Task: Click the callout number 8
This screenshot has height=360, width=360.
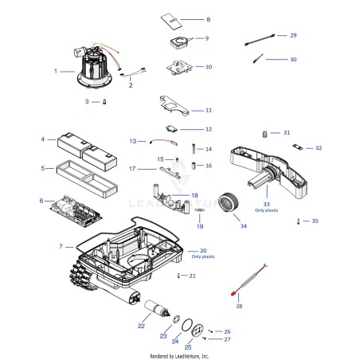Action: point(209,19)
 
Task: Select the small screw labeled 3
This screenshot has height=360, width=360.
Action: point(104,102)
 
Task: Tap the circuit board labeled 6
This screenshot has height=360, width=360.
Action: point(76,211)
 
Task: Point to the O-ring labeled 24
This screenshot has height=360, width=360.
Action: point(187,325)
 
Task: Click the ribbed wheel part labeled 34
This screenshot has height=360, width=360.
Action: point(229,202)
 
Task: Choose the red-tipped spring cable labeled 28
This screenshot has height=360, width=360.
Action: point(248,280)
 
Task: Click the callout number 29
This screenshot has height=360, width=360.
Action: point(293,35)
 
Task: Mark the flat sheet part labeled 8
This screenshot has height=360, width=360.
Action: point(171,21)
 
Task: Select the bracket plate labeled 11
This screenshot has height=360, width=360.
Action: point(174,106)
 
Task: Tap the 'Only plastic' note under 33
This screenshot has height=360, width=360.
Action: point(267,210)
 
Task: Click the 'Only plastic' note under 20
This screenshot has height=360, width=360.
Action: point(203,256)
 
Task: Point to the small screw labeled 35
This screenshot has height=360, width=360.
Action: point(299,221)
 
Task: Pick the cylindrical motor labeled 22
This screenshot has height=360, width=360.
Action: point(157,308)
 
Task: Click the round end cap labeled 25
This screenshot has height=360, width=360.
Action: point(198,331)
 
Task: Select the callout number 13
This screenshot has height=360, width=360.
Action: point(133,141)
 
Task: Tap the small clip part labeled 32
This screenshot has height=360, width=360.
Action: point(298,147)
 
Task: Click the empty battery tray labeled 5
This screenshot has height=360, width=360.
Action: point(87,178)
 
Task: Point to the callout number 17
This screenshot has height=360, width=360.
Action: point(132,169)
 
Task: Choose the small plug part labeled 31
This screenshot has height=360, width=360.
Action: point(264,134)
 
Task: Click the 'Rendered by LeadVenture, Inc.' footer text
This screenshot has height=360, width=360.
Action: point(179,356)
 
